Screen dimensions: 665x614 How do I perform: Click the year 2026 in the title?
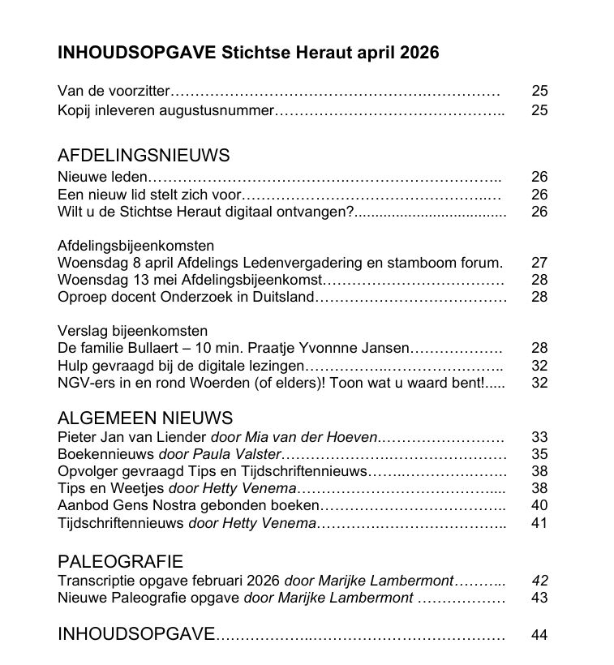(x=419, y=54)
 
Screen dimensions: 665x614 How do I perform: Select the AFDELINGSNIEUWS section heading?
(x=144, y=156)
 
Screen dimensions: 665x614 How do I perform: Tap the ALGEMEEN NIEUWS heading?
(x=145, y=418)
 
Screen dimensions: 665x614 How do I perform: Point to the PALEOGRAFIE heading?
(x=120, y=561)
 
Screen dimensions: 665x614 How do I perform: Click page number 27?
(x=539, y=263)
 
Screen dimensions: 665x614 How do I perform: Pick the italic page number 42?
(x=539, y=581)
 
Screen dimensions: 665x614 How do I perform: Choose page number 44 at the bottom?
(x=539, y=635)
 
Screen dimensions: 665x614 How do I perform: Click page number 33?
(x=539, y=438)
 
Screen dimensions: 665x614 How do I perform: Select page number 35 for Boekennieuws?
(x=539, y=455)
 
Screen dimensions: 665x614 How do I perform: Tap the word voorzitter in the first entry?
(x=140, y=91)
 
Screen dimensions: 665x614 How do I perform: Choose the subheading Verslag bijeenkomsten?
(x=132, y=331)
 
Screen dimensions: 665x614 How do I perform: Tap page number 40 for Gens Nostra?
(x=539, y=506)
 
